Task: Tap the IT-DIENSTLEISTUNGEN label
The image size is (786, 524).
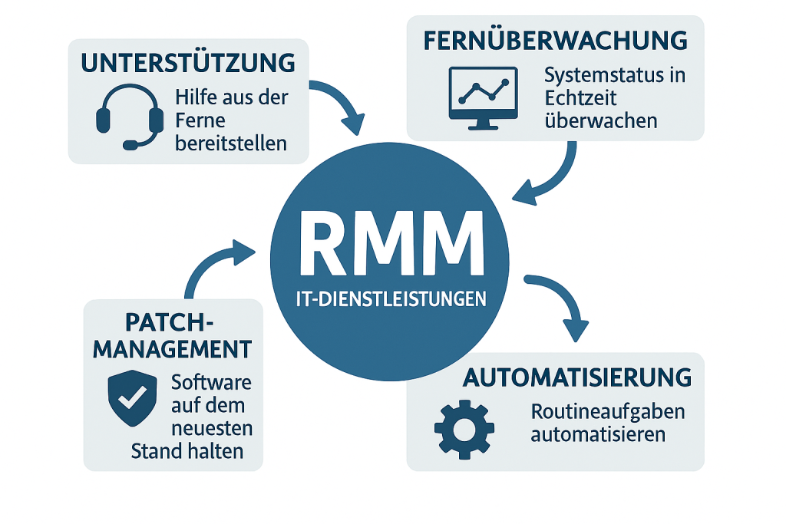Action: (x=392, y=298)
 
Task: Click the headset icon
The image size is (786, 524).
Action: (x=130, y=117)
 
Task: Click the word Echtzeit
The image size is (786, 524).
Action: (x=580, y=98)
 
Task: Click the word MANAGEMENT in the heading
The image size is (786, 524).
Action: (x=172, y=350)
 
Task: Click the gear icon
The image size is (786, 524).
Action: (x=464, y=429)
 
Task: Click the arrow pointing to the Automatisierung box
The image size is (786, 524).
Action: (x=560, y=303)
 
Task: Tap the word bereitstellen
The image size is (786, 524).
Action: (x=230, y=143)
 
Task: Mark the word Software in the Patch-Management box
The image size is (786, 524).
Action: (x=212, y=382)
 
